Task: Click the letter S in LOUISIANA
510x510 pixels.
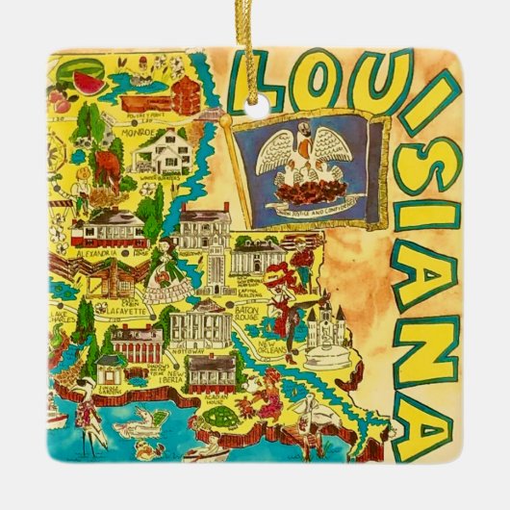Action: point(421,216)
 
